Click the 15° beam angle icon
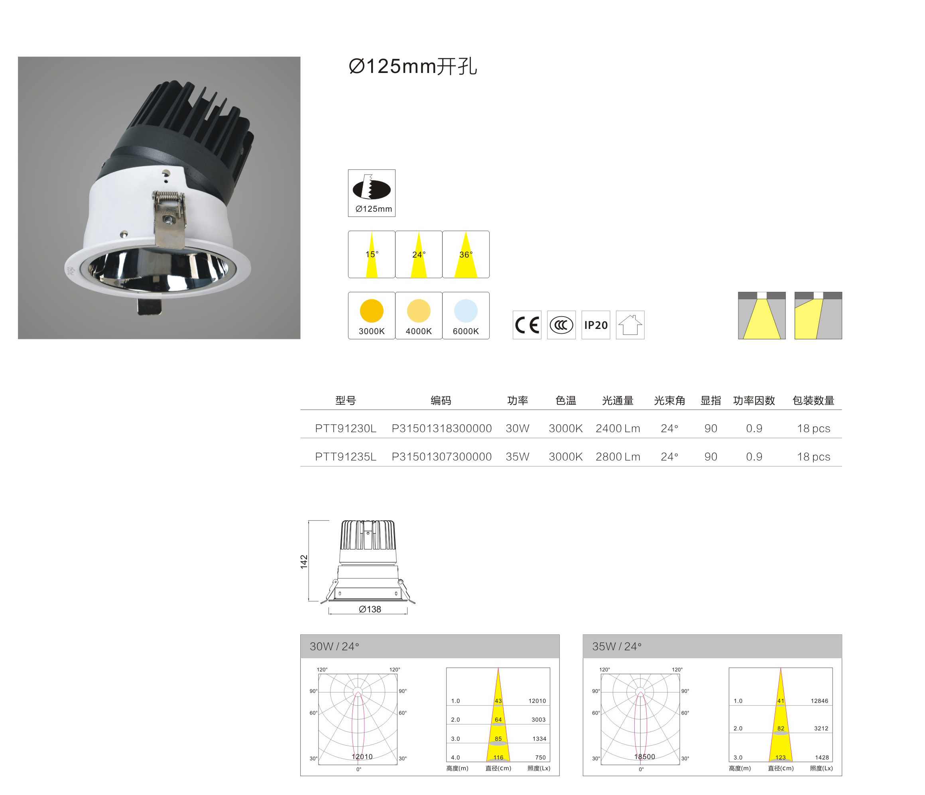(372, 254)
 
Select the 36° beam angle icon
(466, 254)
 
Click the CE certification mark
(527, 325)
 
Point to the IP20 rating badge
(596, 325)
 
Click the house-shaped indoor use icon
(630, 325)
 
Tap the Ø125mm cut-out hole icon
(372, 193)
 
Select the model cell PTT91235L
(346, 457)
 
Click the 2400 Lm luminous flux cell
(618, 429)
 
